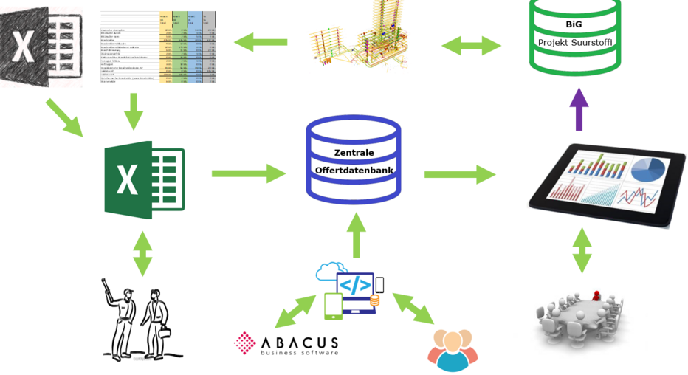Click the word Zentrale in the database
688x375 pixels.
354,153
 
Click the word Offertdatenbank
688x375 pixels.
354,170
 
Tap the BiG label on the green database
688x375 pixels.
574,24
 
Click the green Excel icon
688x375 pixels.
145,179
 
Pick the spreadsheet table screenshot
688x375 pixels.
157,47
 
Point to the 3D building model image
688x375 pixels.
358,39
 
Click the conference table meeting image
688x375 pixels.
579,317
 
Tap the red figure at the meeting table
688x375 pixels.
596,295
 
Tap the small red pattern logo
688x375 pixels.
244,343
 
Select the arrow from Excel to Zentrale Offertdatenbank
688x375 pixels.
249,173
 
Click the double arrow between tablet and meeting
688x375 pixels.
582,251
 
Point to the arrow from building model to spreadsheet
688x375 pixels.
261,42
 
